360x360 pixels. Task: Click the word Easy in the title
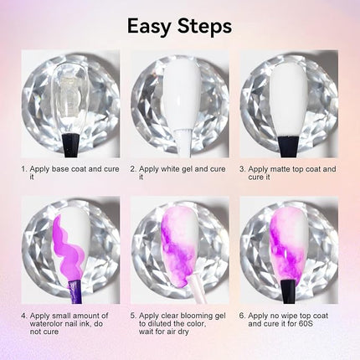click(x=149, y=27)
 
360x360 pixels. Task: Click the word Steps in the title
click(x=205, y=26)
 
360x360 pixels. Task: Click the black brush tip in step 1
click(x=69, y=146)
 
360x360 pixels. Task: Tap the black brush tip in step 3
click(x=289, y=146)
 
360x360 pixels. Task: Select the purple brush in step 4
click(x=75, y=291)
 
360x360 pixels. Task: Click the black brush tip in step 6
click(x=288, y=291)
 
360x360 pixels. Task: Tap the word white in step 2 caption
click(x=171, y=169)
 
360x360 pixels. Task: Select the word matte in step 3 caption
click(x=279, y=169)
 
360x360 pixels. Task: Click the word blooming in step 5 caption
click(x=197, y=316)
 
